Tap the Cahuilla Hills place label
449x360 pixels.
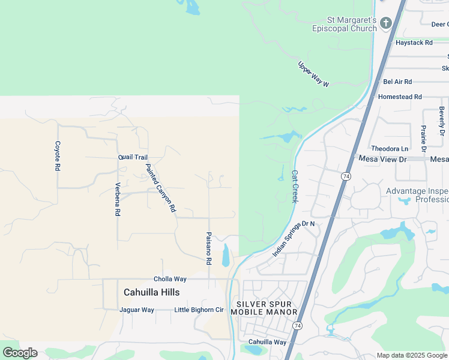(151, 292)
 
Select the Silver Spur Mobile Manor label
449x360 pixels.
(265, 308)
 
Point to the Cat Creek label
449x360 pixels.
(295, 186)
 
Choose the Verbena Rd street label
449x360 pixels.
(118, 199)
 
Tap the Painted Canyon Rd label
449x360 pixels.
(160, 188)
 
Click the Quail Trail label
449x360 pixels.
(133, 157)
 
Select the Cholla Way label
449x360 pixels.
(170, 279)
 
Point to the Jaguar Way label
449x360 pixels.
(137, 310)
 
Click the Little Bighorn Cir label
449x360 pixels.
(199, 310)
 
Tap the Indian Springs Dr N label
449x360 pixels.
(294, 239)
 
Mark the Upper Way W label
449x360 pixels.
(314, 75)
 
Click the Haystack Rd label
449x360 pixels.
(414, 43)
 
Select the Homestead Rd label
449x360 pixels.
(400, 97)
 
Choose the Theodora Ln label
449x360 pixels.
(390, 148)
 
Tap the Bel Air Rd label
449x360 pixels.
(397, 82)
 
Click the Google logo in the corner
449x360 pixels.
(20, 352)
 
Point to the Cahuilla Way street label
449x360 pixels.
(267, 342)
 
